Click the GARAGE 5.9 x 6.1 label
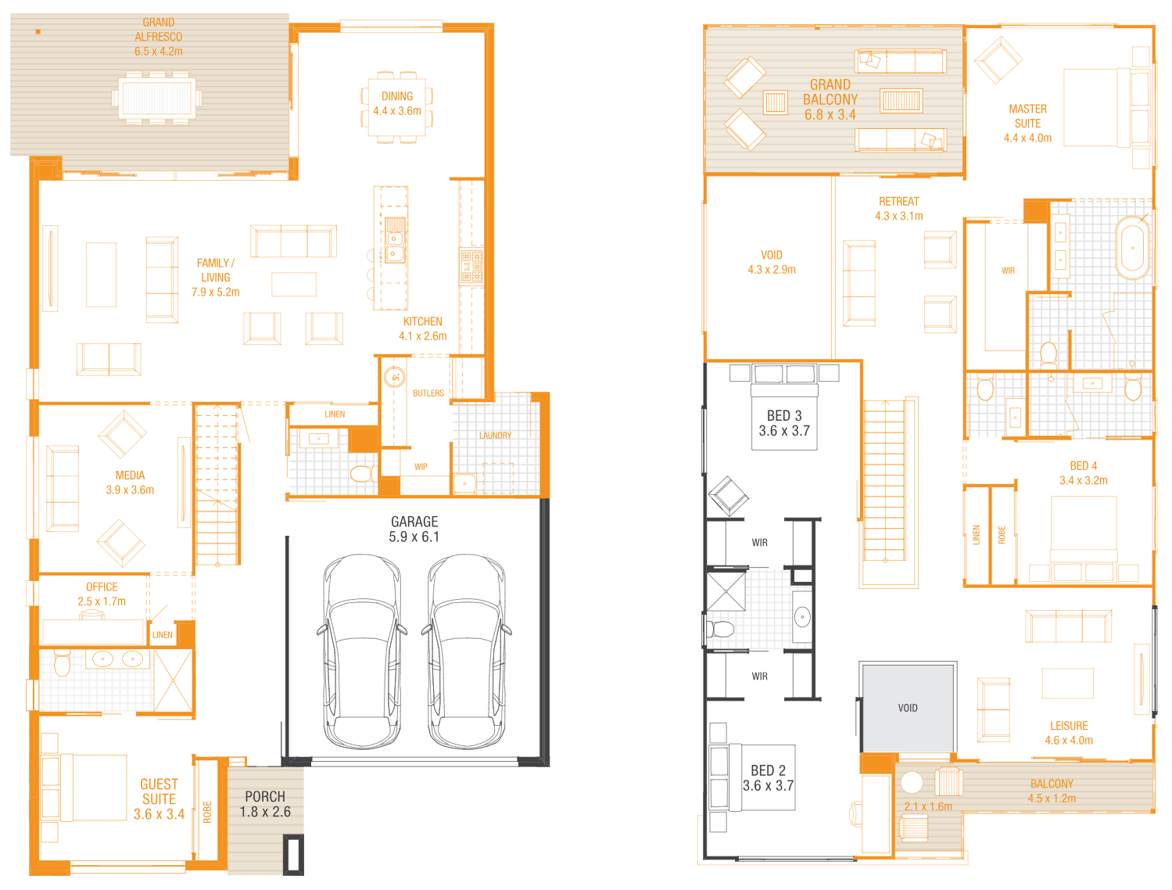[x=414, y=529]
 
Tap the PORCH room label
[x=265, y=796]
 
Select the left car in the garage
[x=362, y=651]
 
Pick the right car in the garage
[x=466, y=651]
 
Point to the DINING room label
[x=396, y=96]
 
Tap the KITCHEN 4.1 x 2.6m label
[x=422, y=328]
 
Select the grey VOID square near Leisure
[x=908, y=708]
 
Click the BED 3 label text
[x=784, y=415]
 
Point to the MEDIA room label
[x=130, y=476]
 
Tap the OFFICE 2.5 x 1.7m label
[x=102, y=594]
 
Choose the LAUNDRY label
[x=495, y=436]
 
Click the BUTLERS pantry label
[x=428, y=393]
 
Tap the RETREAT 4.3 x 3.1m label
[x=898, y=209]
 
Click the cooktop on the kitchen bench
[x=471, y=265]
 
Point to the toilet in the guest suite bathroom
[x=62, y=662]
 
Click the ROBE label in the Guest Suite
[x=207, y=812]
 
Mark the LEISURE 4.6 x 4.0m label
[x=1069, y=733]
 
